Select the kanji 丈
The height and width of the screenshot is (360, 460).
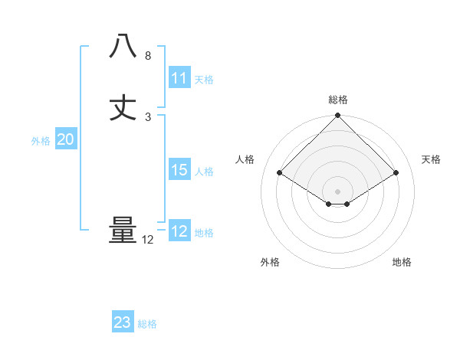[x=123, y=107]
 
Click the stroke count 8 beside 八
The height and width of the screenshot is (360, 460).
[x=148, y=56]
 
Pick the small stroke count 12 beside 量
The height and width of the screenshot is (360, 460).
[x=148, y=240]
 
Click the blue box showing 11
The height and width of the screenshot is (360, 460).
[x=179, y=77]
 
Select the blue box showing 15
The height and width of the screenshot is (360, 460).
[x=179, y=170]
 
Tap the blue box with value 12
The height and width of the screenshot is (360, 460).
[x=179, y=231]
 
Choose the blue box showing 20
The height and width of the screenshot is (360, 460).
[x=66, y=139]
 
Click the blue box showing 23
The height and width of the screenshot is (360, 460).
[x=123, y=322]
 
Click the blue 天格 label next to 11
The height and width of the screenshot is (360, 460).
[x=204, y=79]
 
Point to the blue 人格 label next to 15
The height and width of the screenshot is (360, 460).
[x=204, y=172]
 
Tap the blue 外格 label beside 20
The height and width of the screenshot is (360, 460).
[x=41, y=141]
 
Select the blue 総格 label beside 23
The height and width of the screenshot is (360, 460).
[x=147, y=324]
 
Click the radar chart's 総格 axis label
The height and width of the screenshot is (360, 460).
[x=338, y=100]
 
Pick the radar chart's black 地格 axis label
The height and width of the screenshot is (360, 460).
[x=402, y=262]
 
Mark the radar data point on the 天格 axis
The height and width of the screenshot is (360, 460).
[x=396, y=173]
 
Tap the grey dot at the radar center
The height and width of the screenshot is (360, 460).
[x=338, y=191]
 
